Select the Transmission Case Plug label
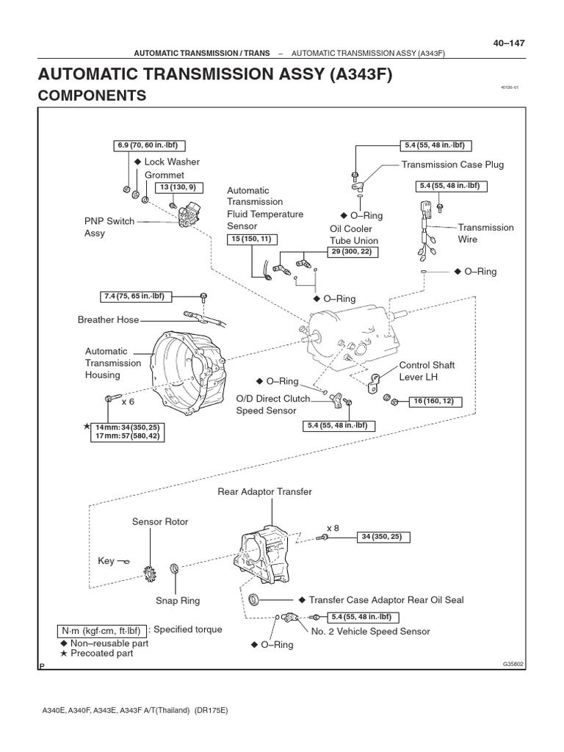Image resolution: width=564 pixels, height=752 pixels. (452, 164)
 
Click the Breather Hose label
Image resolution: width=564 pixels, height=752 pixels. (108, 319)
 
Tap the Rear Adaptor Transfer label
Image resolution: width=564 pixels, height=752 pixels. (264, 491)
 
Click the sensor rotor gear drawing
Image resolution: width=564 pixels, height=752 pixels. (154, 571)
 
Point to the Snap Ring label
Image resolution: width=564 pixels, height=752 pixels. (177, 601)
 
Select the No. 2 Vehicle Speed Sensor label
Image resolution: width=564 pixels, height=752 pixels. (370, 631)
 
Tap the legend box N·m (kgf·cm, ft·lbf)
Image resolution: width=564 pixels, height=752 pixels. (101, 630)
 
